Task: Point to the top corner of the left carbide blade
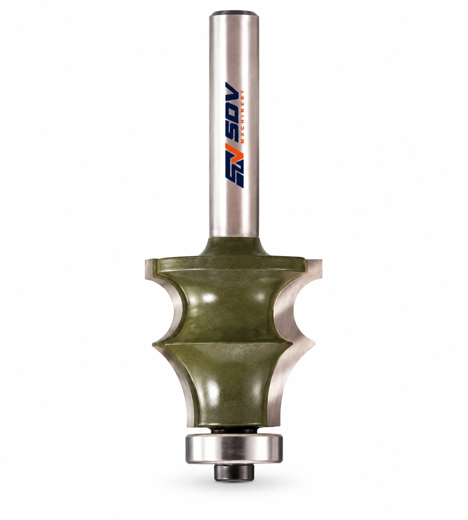[x=145, y=259]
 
